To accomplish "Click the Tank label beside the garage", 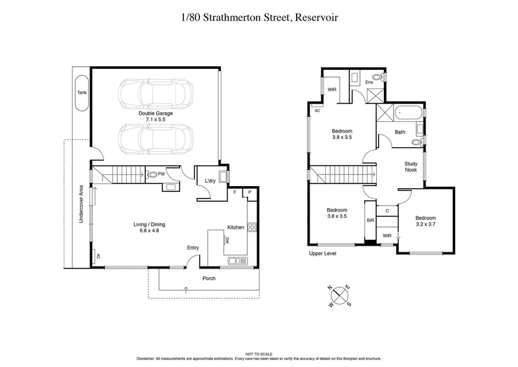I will tap(82, 93).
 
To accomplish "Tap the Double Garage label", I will tap(155, 113).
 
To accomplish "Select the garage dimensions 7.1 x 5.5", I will tap(155, 120).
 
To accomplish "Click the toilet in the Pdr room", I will tap(153, 174).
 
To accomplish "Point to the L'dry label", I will tap(210, 180).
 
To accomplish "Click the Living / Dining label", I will tap(150, 224).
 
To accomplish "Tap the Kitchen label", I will tap(235, 227).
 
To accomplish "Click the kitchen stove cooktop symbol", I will tap(253, 228).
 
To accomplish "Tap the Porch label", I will tap(208, 278).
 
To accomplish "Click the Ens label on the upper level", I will tap(369, 82).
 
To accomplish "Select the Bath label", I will tap(400, 132).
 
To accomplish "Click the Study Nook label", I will tap(411, 167).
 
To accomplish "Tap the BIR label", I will tap(370, 220).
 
